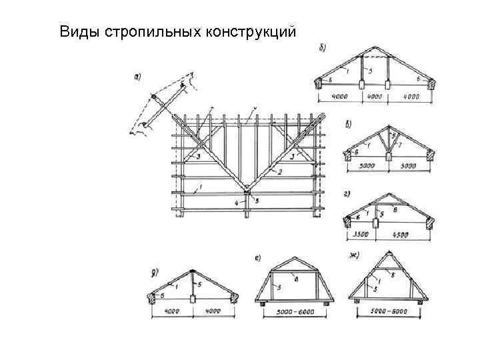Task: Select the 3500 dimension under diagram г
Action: (361, 234)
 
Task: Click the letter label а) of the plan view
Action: (140, 77)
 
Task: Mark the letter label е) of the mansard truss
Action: (259, 257)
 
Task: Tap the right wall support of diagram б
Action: (430, 84)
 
